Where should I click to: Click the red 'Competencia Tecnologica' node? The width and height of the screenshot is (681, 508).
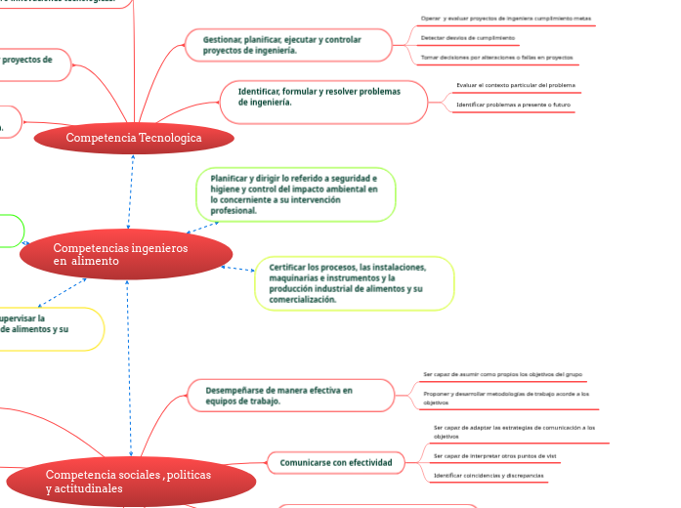click(134, 138)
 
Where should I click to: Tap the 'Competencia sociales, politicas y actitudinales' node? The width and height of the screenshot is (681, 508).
click(131, 481)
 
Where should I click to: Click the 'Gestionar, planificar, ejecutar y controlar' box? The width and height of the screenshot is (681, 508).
click(288, 44)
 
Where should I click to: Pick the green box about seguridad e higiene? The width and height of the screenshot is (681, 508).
click(296, 194)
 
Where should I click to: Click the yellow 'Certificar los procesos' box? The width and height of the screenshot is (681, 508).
click(355, 283)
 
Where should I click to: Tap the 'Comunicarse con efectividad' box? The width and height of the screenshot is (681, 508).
click(336, 462)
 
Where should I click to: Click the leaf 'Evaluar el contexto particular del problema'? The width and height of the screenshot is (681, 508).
click(516, 85)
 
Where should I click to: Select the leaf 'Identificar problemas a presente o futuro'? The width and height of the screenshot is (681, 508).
click(513, 104)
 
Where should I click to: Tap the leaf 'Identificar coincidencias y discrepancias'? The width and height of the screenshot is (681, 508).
click(489, 475)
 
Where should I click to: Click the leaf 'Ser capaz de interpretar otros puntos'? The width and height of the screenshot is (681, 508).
click(494, 456)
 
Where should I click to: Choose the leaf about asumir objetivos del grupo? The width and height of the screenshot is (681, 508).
click(503, 374)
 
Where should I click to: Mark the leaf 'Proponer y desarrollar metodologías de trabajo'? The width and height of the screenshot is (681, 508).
click(506, 398)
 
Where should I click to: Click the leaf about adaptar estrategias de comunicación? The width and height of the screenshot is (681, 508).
click(514, 432)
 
